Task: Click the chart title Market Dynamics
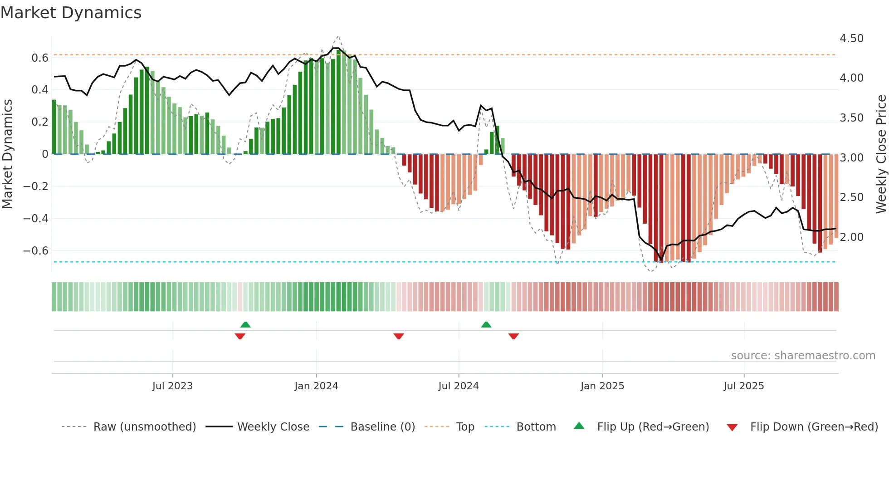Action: (71, 13)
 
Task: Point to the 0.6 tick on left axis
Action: (40, 58)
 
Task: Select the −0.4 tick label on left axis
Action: (36, 219)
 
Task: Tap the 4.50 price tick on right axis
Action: (851, 39)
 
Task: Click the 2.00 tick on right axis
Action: (851, 237)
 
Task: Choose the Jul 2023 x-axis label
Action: (172, 386)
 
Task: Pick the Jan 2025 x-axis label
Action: (602, 386)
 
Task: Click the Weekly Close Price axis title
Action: (881, 154)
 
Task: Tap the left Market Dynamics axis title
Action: (8, 154)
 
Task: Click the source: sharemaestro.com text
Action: (803, 356)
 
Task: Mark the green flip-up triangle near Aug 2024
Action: (486, 324)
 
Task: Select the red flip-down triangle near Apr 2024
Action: (399, 336)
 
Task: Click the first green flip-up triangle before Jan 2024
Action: (245, 324)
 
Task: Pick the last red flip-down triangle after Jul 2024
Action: (513, 336)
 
